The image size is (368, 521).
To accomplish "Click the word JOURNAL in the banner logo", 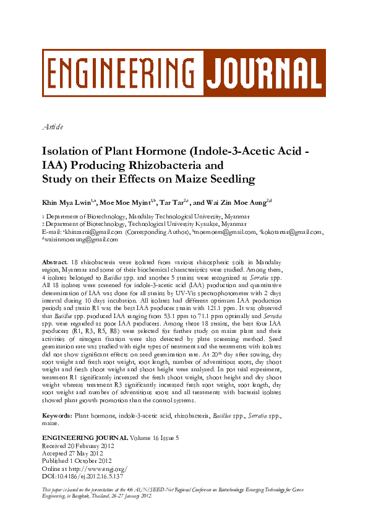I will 263,73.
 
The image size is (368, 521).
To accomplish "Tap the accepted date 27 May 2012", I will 87,452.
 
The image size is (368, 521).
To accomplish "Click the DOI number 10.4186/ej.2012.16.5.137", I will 89,476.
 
